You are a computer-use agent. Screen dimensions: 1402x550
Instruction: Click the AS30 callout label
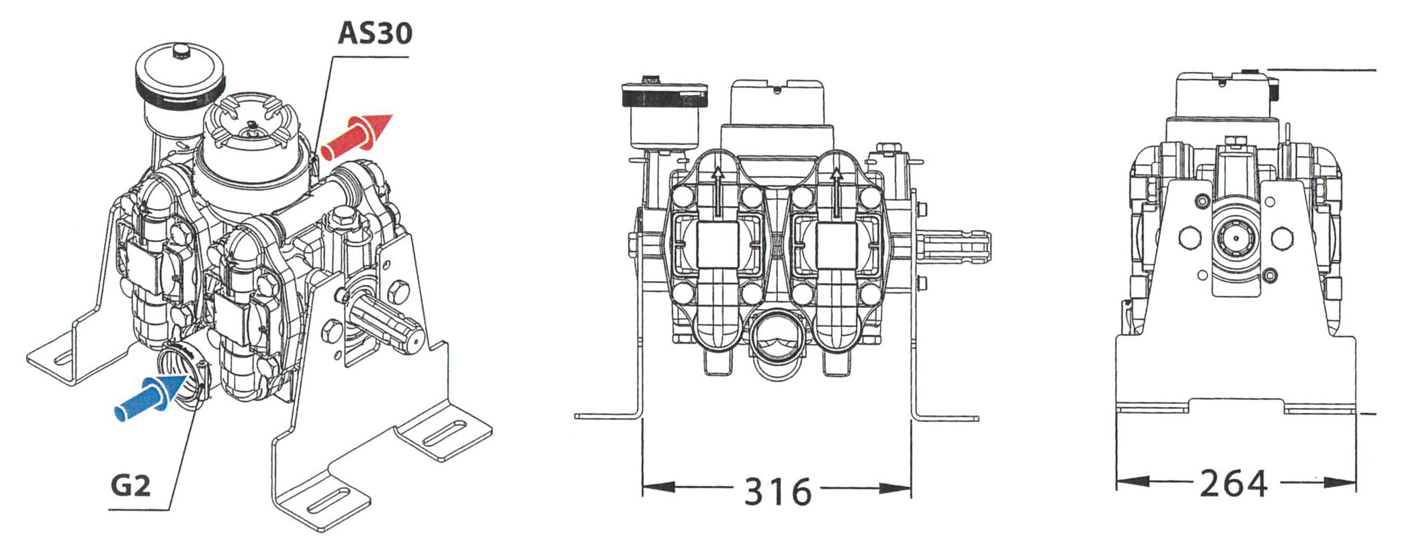tap(374, 33)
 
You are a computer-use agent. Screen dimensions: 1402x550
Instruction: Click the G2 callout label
tap(130, 485)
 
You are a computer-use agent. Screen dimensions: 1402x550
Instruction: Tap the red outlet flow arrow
tap(356, 137)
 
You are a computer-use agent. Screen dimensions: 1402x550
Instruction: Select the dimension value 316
tap(777, 492)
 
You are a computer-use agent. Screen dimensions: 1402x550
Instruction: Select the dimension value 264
tap(1233, 483)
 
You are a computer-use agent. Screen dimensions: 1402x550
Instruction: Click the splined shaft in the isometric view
tap(384, 323)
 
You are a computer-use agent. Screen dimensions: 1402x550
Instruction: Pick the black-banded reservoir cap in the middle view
tap(665, 95)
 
